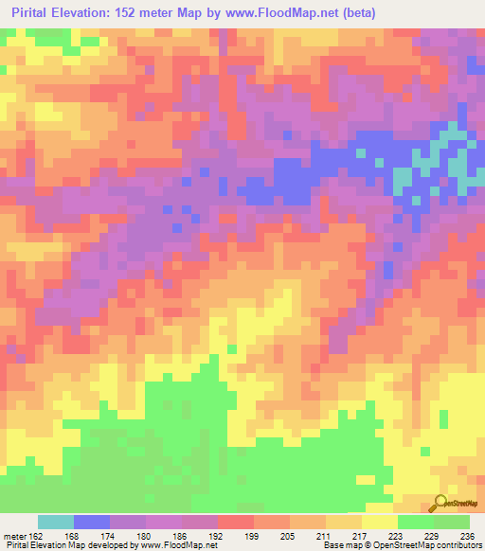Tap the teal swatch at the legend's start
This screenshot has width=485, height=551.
tap(56, 523)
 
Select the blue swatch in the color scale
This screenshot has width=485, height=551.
tap(92, 523)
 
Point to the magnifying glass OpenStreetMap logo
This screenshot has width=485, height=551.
tap(441, 504)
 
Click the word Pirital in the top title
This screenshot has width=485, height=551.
tap(29, 12)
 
